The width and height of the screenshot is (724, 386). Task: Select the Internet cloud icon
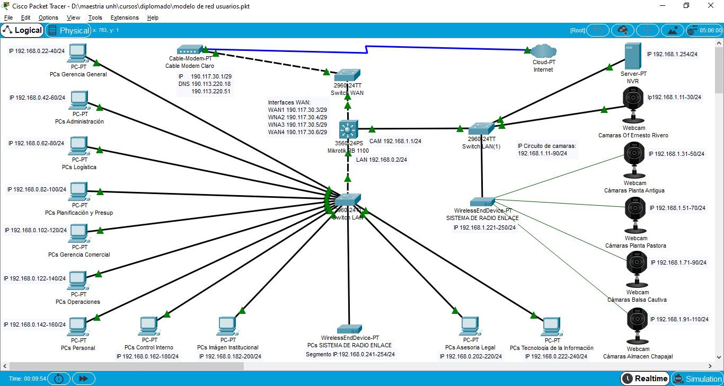click(543, 51)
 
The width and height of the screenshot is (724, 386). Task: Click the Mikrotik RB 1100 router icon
click(348, 129)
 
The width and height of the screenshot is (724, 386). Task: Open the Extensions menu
click(125, 17)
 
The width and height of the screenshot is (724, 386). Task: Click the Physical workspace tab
click(68, 30)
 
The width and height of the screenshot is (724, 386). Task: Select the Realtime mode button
click(644, 379)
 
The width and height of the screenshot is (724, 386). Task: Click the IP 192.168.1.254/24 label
click(672, 54)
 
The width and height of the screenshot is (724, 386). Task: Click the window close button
click(710, 6)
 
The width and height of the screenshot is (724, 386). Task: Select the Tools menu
click(95, 17)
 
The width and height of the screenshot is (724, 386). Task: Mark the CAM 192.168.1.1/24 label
click(395, 142)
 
